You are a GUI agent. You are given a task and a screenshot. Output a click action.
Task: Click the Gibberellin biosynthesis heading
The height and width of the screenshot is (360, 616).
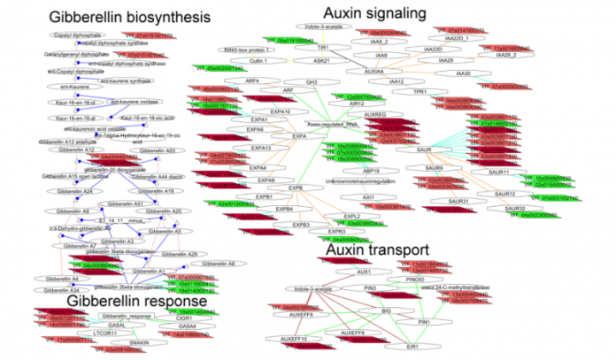[x=118, y=17]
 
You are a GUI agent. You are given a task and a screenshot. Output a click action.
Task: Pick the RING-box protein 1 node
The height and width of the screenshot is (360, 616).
[x=270, y=50]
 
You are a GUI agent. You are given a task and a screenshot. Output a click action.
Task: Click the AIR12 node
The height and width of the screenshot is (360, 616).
[x=358, y=104]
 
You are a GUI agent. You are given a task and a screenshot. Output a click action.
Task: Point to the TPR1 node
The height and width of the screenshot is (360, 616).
[x=420, y=91]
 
